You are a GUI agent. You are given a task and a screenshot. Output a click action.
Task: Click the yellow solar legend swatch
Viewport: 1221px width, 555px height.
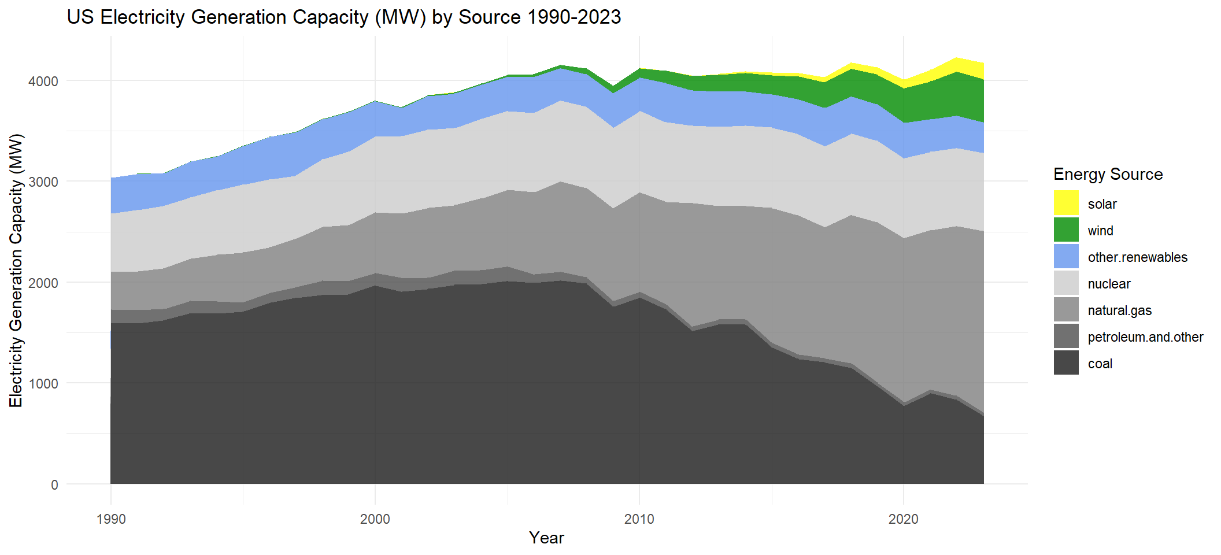[x=1066, y=203]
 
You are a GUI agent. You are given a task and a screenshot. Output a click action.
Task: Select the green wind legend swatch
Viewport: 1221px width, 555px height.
[x=1066, y=230]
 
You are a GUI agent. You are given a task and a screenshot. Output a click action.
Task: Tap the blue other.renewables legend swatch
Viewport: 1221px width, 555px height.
[x=1066, y=256]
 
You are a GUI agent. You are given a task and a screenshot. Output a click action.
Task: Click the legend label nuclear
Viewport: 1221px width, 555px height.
[x=1109, y=284]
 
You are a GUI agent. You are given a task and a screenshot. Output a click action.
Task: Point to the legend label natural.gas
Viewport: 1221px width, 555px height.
[x=1119, y=310]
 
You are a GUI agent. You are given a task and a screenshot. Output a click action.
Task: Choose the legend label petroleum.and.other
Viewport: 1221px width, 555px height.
[x=1145, y=337]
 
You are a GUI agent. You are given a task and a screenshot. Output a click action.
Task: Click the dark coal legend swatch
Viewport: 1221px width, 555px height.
[x=1066, y=362]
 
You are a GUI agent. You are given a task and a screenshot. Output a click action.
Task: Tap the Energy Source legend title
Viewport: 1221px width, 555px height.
[x=1108, y=174]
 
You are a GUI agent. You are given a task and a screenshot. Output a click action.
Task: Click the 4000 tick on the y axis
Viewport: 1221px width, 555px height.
[x=43, y=82]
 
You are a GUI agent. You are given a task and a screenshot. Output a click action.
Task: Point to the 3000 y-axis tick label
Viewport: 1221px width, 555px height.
[x=43, y=182]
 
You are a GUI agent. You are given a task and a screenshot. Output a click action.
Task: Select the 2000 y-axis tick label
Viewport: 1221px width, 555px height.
[x=43, y=283]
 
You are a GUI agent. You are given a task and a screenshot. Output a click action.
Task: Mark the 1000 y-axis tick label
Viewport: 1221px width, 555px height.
[x=43, y=383]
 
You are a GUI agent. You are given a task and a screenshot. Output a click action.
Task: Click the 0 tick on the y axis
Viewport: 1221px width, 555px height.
[x=54, y=484]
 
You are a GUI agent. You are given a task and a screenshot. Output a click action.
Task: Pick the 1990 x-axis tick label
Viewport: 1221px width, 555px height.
[x=111, y=519]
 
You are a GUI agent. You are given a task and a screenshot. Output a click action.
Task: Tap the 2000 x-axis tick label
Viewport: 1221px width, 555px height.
[x=375, y=519]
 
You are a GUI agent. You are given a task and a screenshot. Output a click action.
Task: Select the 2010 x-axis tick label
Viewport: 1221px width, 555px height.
[x=639, y=519]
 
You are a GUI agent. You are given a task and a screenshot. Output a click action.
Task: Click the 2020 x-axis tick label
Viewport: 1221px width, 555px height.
[x=903, y=519]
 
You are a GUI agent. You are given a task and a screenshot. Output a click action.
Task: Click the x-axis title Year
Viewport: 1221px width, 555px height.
[x=546, y=538]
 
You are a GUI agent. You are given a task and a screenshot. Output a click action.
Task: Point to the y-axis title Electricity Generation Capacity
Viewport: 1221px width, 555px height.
[x=16, y=271]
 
